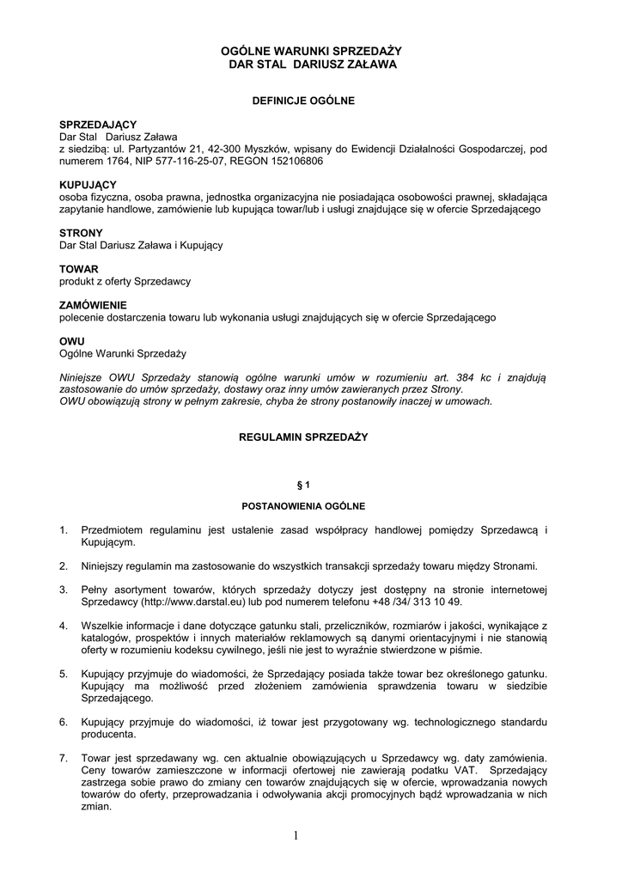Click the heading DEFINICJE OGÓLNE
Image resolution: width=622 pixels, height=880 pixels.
[302, 101]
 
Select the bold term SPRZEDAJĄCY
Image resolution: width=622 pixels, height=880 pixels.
[98, 125]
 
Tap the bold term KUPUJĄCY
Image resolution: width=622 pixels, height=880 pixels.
[88, 185]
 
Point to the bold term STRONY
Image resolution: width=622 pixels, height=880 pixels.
[81, 233]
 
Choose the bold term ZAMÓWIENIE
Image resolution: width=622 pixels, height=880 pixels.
[93, 305]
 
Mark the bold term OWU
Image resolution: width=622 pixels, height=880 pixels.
[71, 341]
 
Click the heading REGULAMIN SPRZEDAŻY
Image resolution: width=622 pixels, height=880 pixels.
[302, 437]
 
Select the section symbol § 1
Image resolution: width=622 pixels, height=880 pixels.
[302, 486]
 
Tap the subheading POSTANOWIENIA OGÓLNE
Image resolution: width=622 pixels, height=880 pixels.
[302, 505]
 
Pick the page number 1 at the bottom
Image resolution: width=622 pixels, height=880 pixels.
[295, 838]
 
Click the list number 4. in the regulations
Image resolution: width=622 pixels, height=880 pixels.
[64, 626]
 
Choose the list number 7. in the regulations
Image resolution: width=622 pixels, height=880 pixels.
[64, 759]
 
